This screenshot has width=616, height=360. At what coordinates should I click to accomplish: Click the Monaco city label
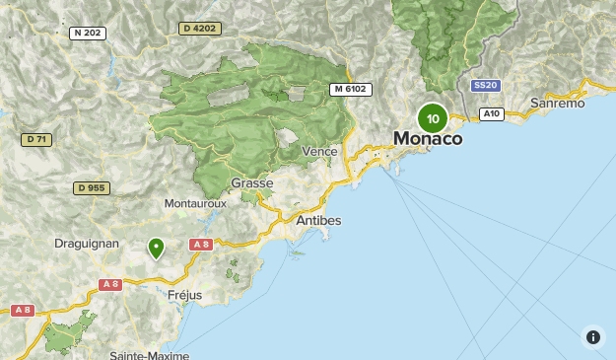point(428,139)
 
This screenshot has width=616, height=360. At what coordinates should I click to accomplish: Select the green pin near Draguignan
point(156,248)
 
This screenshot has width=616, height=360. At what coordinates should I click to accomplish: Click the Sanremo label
point(557,103)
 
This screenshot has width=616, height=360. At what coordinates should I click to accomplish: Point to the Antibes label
point(318,221)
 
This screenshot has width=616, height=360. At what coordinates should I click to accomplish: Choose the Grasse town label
point(251,183)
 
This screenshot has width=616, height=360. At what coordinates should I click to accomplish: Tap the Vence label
point(319,151)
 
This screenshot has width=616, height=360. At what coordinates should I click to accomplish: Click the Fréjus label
point(183,295)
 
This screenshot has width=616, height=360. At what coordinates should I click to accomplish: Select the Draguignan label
point(88,243)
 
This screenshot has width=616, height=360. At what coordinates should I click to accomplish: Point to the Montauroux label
point(195,203)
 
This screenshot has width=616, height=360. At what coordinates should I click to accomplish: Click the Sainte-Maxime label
point(148,354)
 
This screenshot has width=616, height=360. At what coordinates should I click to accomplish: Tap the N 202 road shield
point(88,34)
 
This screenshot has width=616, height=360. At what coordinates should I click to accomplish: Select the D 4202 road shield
point(199,30)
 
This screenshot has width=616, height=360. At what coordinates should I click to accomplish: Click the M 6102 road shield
point(350,89)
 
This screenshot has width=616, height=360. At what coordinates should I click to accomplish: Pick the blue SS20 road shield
point(485,86)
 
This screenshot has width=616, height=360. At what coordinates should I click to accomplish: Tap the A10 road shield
point(491,114)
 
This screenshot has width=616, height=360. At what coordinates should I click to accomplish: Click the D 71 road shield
point(35,140)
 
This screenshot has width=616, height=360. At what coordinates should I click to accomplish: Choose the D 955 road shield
point(92,188)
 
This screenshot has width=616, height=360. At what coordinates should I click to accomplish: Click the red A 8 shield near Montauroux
point(201,244)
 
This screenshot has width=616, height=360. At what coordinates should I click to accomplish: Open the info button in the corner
point(593,337)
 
